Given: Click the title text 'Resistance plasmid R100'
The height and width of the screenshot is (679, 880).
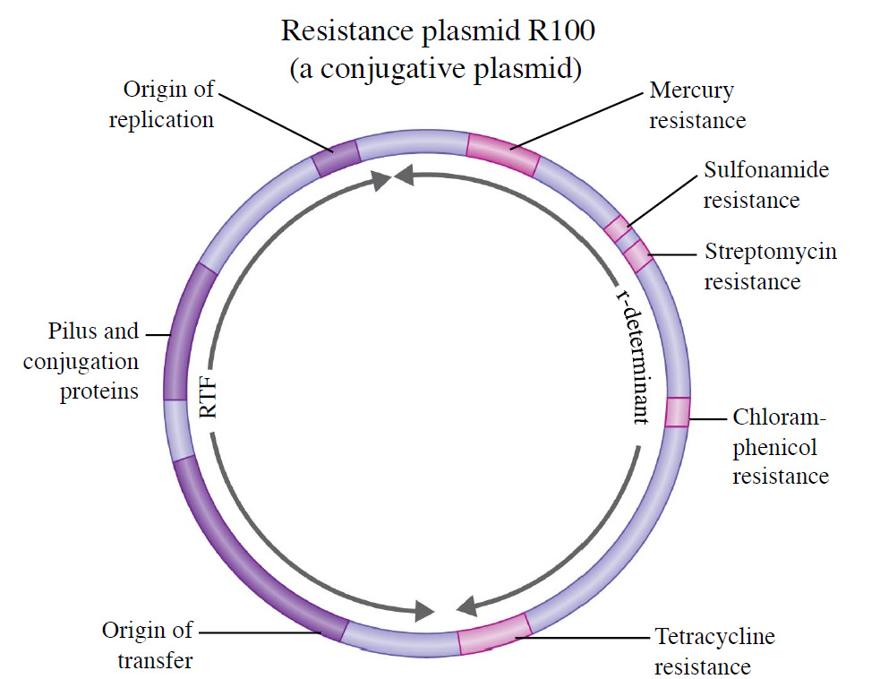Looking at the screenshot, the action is point(438,30).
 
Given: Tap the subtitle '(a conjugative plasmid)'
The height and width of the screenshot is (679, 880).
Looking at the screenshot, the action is point(435,68).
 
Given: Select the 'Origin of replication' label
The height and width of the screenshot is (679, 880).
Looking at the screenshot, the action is point(162,105).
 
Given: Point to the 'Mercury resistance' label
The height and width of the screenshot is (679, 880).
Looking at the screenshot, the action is point(697,105).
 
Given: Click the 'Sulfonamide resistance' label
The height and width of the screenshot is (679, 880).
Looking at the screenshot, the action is point(766,185).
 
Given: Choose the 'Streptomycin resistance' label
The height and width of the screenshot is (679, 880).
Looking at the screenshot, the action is point(771,266).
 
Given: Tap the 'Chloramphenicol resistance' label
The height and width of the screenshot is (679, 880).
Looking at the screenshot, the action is point(781,446).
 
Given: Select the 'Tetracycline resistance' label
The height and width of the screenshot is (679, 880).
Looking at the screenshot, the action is point(714,651).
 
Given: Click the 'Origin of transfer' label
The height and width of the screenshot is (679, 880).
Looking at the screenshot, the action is point(148,645).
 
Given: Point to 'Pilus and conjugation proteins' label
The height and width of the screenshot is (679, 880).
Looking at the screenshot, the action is point(81,361).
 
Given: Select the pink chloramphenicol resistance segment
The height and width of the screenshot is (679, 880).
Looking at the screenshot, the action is point(677,412).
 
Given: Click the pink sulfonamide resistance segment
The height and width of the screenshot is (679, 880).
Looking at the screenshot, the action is point(618,228).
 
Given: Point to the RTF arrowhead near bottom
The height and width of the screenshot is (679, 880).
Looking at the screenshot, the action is point(423,611).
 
